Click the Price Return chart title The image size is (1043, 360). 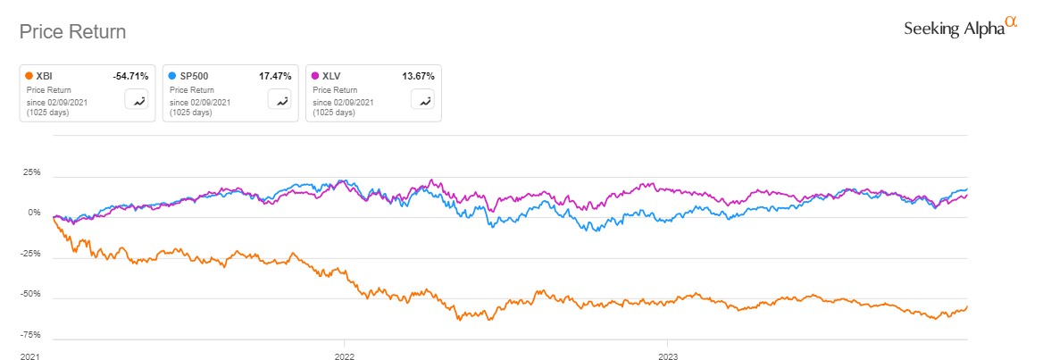click(72, 32)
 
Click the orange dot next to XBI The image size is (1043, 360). click(29, 77)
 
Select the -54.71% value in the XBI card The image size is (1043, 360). click(130, 77)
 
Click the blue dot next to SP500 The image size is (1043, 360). click(172, 77)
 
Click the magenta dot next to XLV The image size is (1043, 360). click(315, 77)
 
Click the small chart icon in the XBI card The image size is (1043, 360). click(138, 100)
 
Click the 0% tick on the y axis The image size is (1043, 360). click(34, 213)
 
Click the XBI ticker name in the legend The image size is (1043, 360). click(46, 77)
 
